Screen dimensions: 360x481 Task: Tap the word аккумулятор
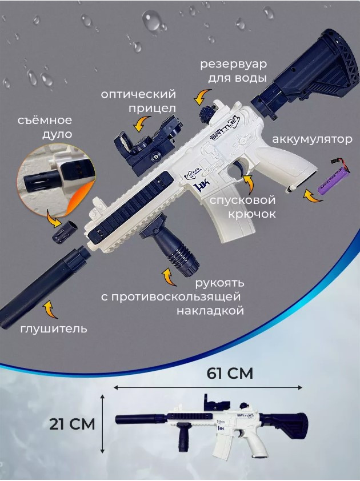point(312,140)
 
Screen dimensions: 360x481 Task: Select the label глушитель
point(54,329)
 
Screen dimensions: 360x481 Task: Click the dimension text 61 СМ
point(230,374)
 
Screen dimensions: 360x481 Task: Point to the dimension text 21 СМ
point(73,424)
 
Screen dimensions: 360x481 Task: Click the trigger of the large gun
point(239,169)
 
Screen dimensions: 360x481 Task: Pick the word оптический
point(138,94)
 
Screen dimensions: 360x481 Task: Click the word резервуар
point(234,65)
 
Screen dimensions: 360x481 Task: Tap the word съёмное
point(45,120)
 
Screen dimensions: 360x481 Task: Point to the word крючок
point(251,214)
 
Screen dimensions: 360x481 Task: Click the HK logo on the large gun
point(201,186)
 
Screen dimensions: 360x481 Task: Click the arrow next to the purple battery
point(313,197)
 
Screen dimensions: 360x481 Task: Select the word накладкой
point(210,311)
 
